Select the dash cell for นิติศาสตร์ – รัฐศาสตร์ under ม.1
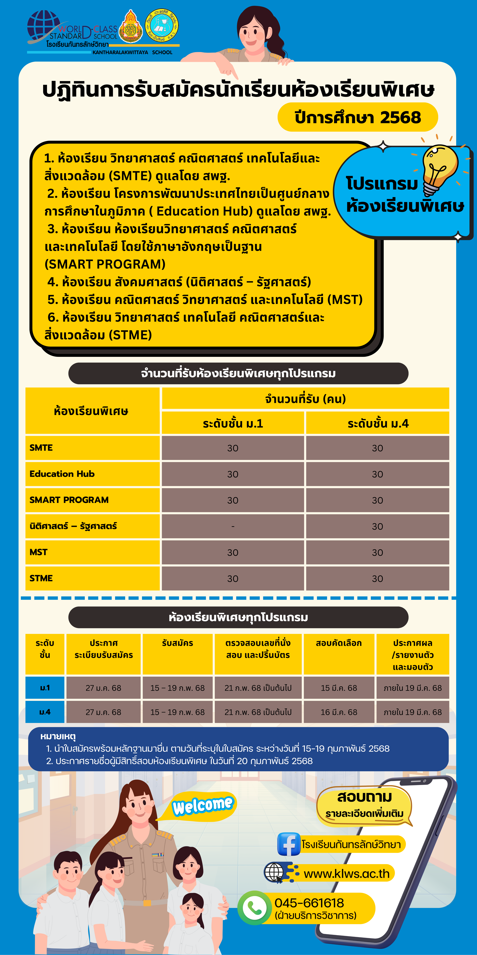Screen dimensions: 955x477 point(233,526)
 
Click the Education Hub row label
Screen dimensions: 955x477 point(62,474)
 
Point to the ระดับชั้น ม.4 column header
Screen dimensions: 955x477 point(378,423)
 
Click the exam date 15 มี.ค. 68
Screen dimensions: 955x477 point(339,688)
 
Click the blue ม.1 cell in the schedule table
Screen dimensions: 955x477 point(45,688)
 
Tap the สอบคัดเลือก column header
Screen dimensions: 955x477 point(339,643)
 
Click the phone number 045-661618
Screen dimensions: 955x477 point(309,903)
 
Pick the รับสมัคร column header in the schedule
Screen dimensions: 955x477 point(177,643)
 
